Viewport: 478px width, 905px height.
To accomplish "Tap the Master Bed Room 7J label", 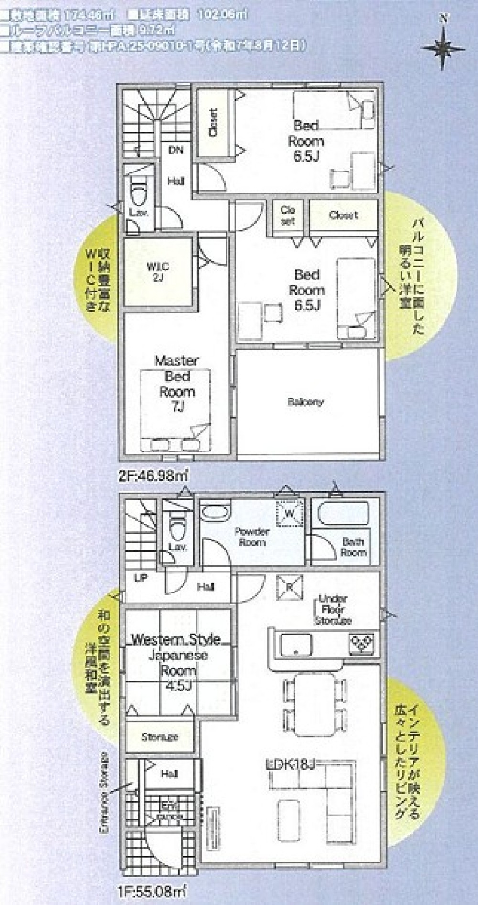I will pyautogui.click(x=177, y=383).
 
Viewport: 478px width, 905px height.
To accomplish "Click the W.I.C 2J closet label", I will pyautogui.click(x=158, y=271).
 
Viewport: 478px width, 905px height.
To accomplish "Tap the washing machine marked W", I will pyautogui.click(x=290, y=513).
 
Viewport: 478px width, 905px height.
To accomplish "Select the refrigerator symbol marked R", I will pyautogui.click(x=289, y=587).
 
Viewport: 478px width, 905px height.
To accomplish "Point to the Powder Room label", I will pyautogui.click(x=252, y=537).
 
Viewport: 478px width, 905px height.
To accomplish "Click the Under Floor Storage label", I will pyautogui.click(x=333, y=609).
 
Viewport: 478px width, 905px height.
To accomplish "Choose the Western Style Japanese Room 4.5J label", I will pyautogui.click(x=176, y=662).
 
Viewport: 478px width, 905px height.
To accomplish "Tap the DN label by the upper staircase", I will pyautogui.click(x=175, y=150).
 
